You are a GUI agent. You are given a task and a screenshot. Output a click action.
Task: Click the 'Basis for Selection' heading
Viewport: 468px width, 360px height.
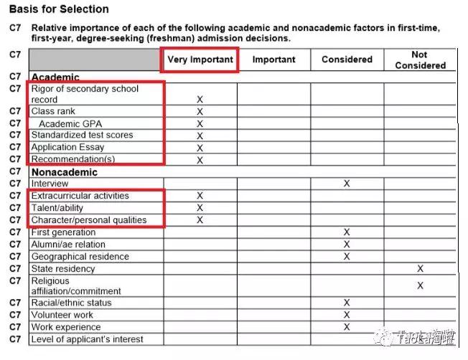59,9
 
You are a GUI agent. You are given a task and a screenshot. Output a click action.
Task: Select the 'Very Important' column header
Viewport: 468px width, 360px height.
200,60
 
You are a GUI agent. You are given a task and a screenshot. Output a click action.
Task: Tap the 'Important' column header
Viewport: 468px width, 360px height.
273,60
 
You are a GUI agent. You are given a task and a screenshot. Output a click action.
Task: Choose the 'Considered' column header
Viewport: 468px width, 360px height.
347,60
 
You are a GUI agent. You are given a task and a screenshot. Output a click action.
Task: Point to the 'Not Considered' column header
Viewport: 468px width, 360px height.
420,60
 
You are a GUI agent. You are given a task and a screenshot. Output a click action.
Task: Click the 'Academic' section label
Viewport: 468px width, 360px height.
55,77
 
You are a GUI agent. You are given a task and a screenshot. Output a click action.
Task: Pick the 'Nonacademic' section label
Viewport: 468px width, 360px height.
65,172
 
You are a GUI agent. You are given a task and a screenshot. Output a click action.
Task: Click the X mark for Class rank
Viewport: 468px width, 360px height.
200,112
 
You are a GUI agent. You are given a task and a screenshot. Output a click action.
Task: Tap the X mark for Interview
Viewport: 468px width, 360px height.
347,184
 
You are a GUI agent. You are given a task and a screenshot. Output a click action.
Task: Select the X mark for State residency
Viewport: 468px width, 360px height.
420,269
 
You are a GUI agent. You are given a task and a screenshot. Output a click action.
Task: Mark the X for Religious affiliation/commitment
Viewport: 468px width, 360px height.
420,285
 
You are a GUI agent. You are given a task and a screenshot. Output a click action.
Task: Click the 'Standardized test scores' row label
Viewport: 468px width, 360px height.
82,135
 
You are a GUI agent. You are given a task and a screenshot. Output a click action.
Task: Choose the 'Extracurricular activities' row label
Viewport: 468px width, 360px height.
80,196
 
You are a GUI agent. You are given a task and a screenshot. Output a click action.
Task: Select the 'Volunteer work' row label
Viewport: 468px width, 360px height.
62,315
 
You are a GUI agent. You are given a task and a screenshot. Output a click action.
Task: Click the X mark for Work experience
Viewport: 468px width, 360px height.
347,327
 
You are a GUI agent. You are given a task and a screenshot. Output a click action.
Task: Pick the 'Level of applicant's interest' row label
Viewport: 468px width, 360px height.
88,339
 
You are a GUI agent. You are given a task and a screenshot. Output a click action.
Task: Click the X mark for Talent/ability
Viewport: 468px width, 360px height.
200,208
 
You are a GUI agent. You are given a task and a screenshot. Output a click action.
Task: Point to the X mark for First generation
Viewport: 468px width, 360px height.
347,232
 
